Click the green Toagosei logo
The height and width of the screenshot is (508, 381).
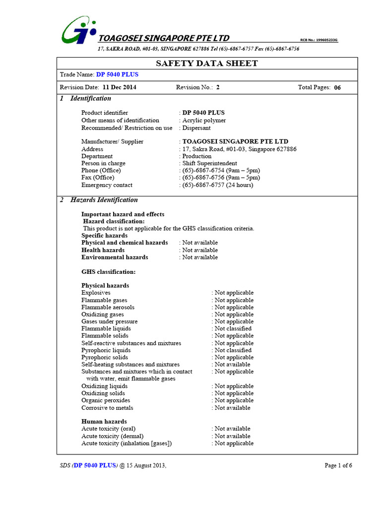[79, 30]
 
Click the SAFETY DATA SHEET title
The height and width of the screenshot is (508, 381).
[207, 63]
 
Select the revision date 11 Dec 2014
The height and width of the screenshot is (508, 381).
[120, 87]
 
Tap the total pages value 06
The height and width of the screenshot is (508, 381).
[337, 88]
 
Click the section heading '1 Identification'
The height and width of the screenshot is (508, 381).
[85, 99]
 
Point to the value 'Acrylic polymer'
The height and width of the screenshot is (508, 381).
[204, 121]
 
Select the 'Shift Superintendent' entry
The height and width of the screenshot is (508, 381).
[210, 163]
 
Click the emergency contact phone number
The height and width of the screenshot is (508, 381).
[217, 185]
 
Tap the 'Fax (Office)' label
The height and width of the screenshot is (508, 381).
[98, 178]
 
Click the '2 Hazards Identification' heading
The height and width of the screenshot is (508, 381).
[99, 200]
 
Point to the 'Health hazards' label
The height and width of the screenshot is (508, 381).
[103, 250]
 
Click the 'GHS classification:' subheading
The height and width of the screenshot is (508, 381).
[108, 272]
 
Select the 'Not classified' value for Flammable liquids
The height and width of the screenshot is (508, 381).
[233, 328]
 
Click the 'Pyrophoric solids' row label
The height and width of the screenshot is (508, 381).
[105, 357]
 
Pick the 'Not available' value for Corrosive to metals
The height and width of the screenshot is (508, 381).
[232, 408]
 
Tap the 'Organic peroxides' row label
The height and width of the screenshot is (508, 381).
[106, 400]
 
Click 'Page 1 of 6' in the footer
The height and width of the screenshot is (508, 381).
[338, 465]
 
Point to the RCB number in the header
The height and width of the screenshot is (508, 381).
[322, 40]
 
